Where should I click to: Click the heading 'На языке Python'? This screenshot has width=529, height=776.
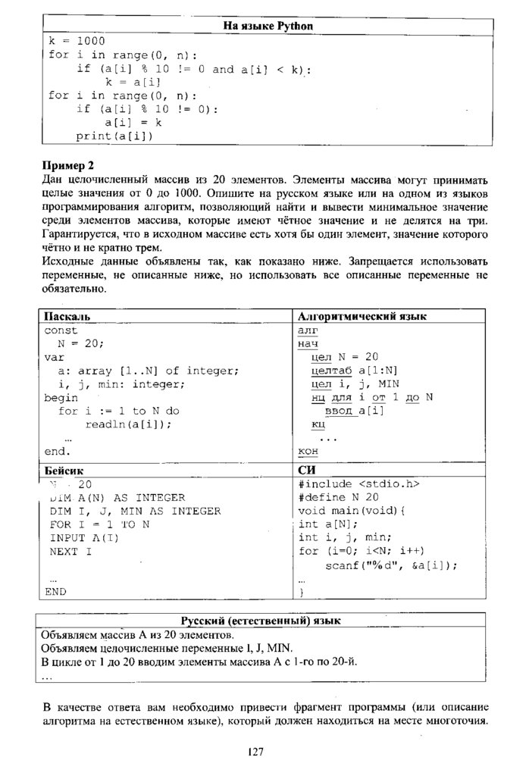click(x=268, y=27)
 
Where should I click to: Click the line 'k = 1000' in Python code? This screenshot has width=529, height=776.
click(x=77, y=41)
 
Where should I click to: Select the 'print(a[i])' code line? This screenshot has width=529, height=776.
click(x=114, y=136)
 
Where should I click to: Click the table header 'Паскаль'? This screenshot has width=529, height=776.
click(x=68, y=316)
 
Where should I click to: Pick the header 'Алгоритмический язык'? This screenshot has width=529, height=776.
click(x=363, y=316)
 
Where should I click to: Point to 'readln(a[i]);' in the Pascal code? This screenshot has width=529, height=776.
click(x=128, y=424)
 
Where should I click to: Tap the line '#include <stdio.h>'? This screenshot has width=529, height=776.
click(x=359, y=483)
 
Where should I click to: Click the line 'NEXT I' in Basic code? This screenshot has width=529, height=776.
click(x=70, y=552)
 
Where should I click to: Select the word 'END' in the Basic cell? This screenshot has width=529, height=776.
click(x=55, y=591)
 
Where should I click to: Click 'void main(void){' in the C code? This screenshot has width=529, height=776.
click(x=352, y=511)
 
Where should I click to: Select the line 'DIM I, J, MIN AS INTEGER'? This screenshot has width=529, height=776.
click(x=135, y=511)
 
